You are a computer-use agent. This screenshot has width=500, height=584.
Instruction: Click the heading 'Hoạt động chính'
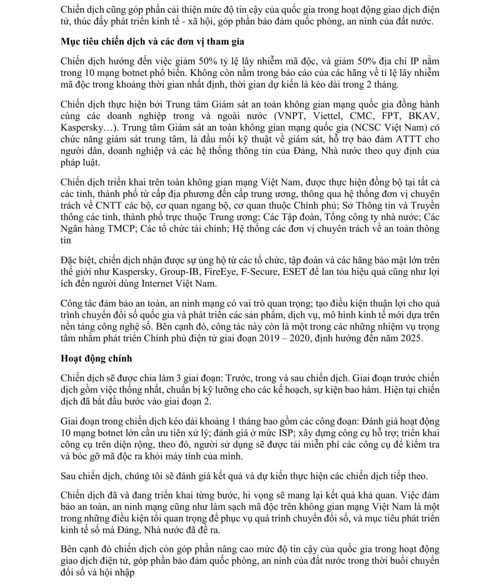[96, 359]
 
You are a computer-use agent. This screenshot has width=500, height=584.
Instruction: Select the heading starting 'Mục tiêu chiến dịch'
[153, 41]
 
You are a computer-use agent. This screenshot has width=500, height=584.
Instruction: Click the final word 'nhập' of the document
[123, 572]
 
